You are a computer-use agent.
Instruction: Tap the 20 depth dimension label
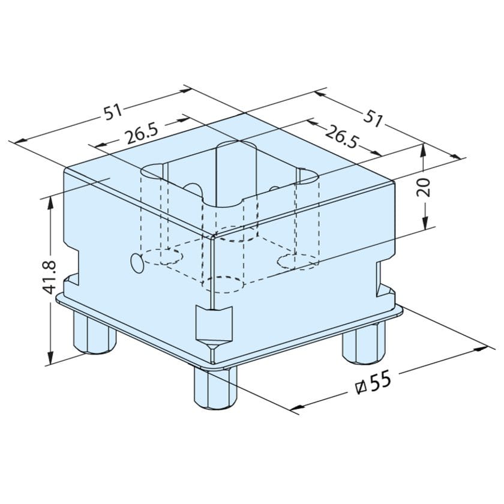coord(424,187)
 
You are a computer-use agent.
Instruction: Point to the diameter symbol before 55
coord(361,388)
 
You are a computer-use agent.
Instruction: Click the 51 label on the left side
coord(113,112)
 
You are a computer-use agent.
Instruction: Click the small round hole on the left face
coord(138,263)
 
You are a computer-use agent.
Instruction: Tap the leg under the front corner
coord(214,389)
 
